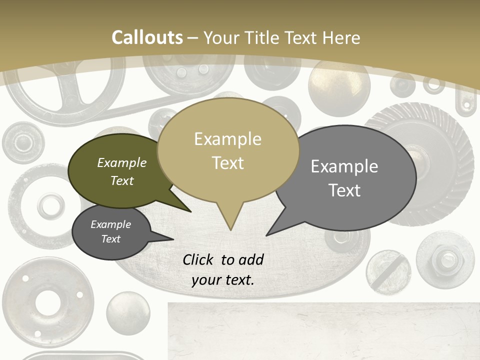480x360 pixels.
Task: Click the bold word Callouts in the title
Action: (x=147, y=37)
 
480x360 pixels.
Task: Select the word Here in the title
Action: (x=342, y=37)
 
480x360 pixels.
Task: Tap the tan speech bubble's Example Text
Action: (x=227, y=151)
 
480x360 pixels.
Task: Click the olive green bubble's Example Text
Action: (x=122, y=171)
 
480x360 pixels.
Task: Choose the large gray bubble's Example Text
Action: (x=344, y=178)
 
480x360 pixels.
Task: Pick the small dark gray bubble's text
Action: (x=111, y=231)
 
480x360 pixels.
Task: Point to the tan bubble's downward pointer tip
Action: (x=230, y=229)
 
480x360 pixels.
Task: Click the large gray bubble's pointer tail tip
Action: (x=266, y=235)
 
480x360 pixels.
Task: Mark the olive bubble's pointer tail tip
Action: (x=190, y=211)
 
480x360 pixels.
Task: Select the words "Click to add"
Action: (x=223, y=259)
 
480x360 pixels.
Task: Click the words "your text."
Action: (x=223, y=280)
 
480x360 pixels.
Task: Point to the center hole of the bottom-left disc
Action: (x=48, y=301)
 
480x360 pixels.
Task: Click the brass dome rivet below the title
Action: (x=338, y=88)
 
